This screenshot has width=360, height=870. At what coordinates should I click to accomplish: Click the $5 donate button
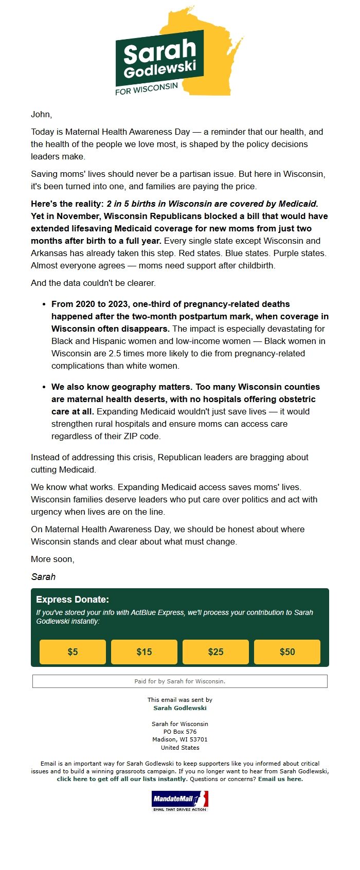(73, 652)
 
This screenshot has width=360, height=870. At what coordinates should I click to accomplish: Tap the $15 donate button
(144, 652)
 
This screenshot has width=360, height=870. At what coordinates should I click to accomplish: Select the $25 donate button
(215, 652)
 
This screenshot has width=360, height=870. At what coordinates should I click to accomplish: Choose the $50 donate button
(287, 652)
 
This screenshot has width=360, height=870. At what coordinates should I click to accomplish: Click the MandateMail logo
(180, 801)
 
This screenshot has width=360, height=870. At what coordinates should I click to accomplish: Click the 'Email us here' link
(280, 779)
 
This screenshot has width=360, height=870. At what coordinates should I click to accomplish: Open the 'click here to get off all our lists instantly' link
(121, 779)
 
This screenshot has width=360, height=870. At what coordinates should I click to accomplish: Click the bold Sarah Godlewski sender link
(180, 708)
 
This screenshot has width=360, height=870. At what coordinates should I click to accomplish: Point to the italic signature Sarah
(43, 577)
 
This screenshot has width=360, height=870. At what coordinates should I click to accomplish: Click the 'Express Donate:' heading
(73, 600)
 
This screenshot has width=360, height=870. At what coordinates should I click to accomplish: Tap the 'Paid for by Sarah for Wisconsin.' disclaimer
(180, 681)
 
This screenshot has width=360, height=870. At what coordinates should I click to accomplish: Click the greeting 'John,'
(41, 114)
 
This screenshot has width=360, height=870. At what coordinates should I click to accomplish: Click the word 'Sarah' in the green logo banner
(159, 51)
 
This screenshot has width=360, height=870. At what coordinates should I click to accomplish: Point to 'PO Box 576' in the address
(180, 732)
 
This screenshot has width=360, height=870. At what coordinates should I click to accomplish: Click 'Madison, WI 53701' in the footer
(180, 739)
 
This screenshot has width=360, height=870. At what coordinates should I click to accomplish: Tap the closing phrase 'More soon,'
(52, 559)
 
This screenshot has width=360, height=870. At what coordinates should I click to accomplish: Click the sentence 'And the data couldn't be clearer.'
(93, 283)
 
